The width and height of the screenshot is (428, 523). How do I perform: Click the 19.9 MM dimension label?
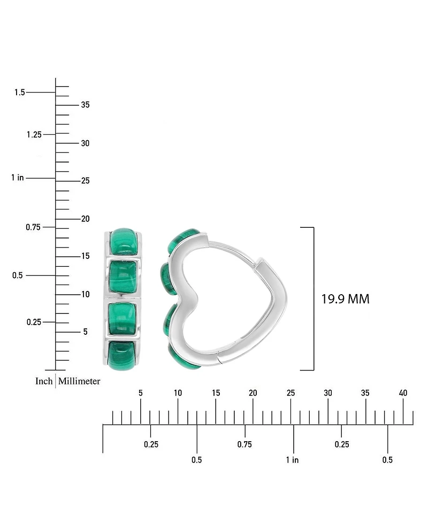coord(345,299)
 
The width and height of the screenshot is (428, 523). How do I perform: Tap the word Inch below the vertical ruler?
coord(44,381)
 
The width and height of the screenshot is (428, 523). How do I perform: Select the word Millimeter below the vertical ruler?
coord(79,381)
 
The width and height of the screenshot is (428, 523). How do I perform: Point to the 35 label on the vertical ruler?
coord(86,105)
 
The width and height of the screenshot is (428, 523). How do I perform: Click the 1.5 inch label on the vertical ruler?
coord(20,92)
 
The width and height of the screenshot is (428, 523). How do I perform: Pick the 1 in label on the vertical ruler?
coord(18,178)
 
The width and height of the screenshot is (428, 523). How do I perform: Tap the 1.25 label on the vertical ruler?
coord(34,134)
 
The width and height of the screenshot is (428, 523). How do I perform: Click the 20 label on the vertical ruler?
coord(86,219)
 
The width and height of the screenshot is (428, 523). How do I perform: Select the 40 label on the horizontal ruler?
coord(403,393)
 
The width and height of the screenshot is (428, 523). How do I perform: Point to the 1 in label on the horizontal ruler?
coord(292,460)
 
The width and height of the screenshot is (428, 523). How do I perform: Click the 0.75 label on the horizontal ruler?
coord(244,444)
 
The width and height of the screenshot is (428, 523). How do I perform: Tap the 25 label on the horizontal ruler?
coord(291,393)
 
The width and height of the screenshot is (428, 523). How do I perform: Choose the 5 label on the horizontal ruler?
coord(141,393)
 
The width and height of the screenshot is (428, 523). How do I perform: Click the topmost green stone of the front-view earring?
coord(124,242)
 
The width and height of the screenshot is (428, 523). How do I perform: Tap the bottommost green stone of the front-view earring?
coord(123,355)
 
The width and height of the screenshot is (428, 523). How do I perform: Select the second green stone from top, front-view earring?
coord(123,277)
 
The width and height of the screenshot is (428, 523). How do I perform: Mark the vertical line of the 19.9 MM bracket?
coord(314,299)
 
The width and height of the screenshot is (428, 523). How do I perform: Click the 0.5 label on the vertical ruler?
coord(17,275)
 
